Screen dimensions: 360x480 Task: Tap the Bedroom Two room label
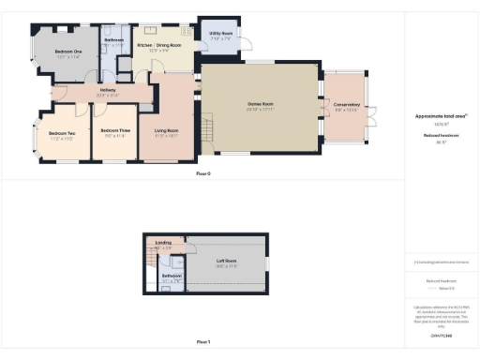click(62, 136)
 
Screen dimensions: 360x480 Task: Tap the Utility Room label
click(221, 32)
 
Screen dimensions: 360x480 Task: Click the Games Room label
click(260, 103)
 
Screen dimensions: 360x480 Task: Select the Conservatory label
click(347, 104)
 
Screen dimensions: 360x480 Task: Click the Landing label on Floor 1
click(163, 242)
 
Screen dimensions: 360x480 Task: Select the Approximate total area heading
click(440, 115)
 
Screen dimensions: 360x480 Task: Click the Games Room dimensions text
click(260, 109)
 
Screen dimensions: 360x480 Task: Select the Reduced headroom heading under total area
click(440, 135)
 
